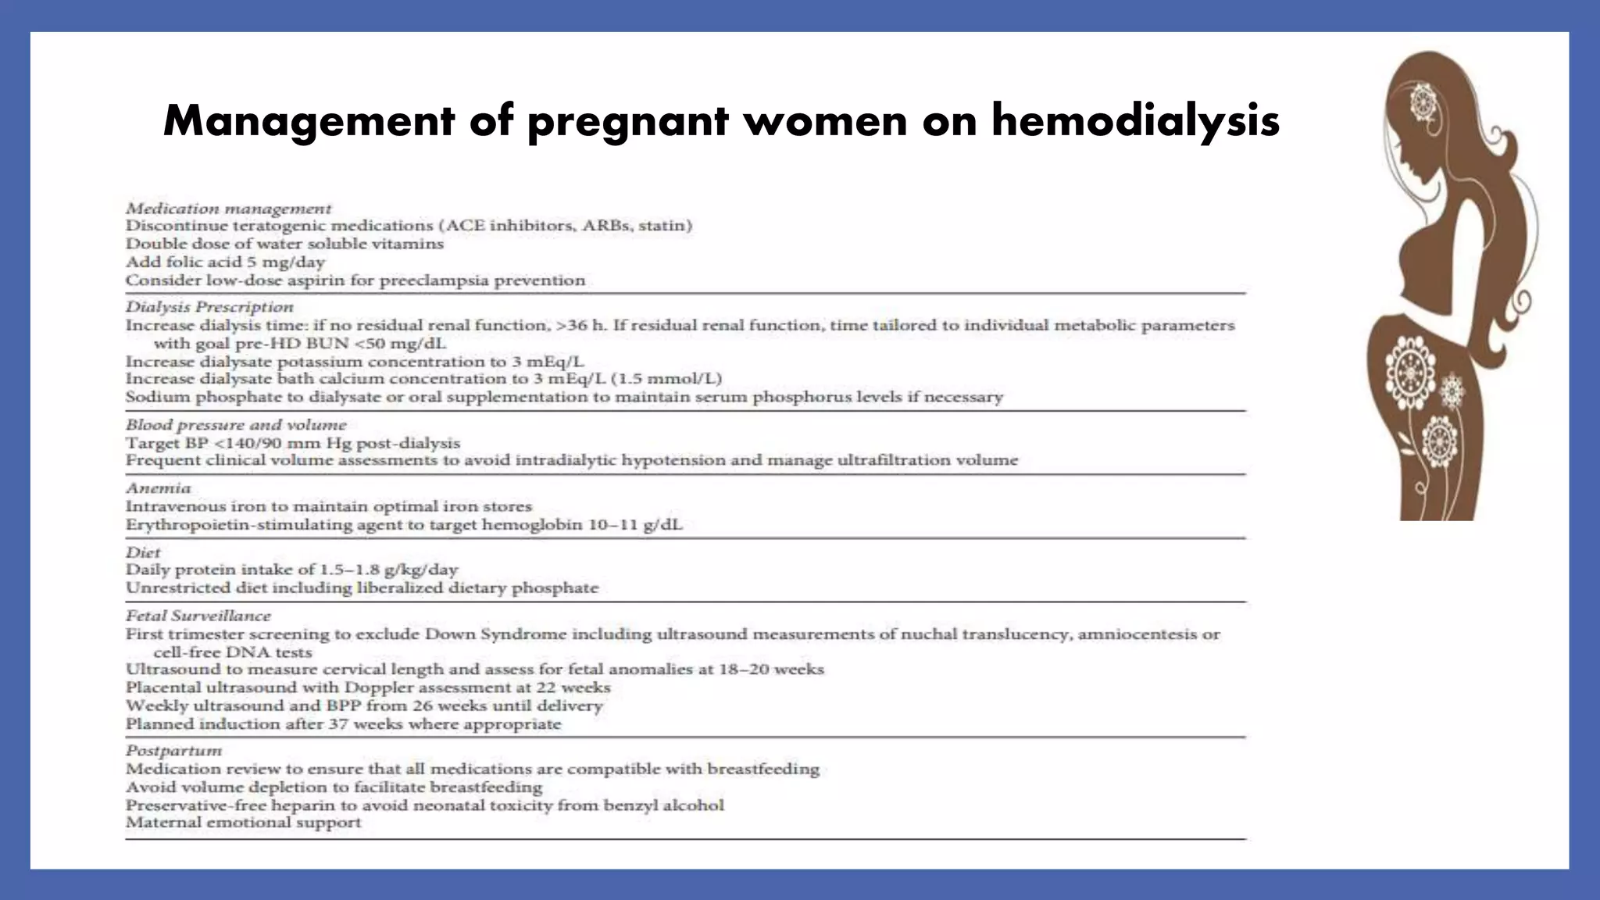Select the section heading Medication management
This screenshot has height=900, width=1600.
coord(228,209)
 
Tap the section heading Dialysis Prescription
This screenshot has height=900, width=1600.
coord(209,306)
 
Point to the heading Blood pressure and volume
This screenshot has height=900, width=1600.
coord(236,424)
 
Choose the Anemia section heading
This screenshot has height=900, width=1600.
coord(159,487)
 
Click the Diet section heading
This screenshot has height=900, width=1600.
coord(143,552)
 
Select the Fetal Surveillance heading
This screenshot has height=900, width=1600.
coord(198,616)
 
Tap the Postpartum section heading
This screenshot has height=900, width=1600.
coord(173,750)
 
